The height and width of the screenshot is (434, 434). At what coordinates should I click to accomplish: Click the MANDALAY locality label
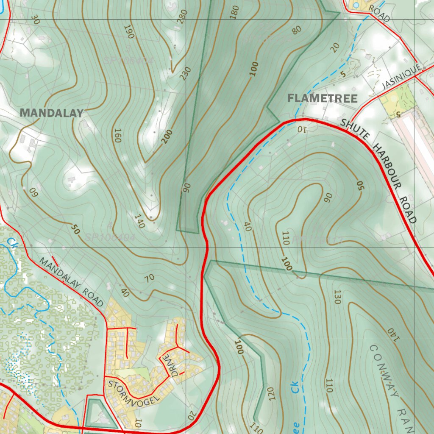tap(52, 113)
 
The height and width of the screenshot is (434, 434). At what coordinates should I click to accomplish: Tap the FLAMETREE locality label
tap(322, 98)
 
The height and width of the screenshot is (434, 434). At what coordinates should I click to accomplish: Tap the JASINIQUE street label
tap(401, 77)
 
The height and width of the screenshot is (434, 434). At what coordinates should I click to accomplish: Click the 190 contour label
tap(129, 32)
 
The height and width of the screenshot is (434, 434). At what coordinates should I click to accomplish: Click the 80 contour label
tap(296, 30)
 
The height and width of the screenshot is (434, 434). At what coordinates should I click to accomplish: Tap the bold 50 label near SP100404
tap(75, 230)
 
